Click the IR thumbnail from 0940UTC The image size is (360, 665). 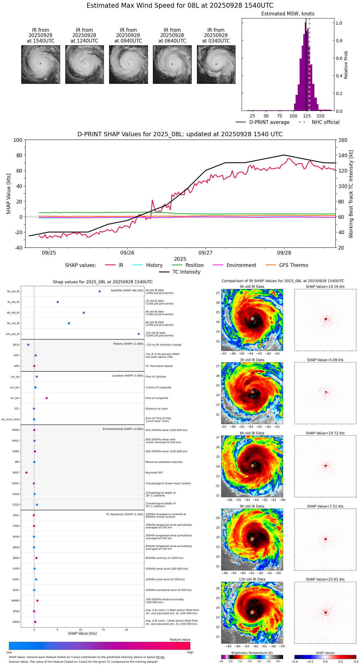(128, 64)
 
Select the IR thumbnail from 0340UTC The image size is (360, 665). (216, 64)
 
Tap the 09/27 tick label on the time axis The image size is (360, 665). (205, 253)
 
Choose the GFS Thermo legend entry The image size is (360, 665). (293, 265)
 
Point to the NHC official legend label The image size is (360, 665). (325, 122)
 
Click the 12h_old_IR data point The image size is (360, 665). (139, 334)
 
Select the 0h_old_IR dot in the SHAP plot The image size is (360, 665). (100, 291)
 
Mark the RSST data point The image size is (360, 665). (26, 472)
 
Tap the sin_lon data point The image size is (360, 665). (47, 398)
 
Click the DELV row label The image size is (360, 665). (16, 345)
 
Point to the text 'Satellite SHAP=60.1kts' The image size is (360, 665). (127, 290)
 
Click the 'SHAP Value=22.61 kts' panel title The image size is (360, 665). (325, 579)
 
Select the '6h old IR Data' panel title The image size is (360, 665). (252, 433)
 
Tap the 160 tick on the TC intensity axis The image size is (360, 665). (343, 140)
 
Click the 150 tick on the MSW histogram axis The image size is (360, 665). (321, 116)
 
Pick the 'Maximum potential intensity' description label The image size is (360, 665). (164, 462)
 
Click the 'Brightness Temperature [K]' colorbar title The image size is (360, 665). (252, 653)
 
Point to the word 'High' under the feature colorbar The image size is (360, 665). (190, 652)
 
